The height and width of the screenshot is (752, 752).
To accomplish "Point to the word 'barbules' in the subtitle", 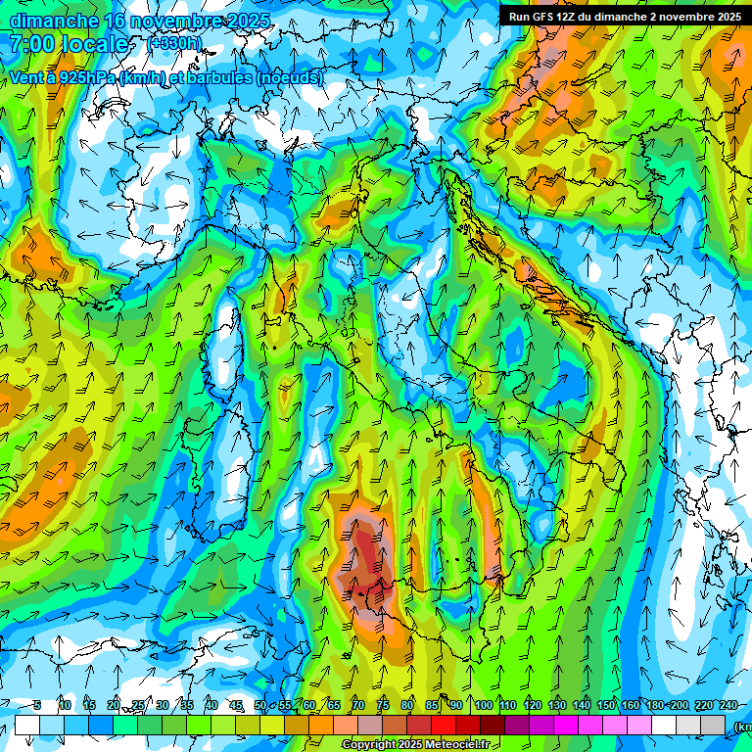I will tap(212, 77).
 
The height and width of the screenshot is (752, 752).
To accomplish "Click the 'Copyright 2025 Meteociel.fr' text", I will tap(415, 745).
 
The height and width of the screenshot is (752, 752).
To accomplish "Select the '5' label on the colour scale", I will tap(36, 705).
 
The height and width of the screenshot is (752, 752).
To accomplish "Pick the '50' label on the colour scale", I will tap(260, 705).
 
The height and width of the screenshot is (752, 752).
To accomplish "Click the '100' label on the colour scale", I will tap(483, 705).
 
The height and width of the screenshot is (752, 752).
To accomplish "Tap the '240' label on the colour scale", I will tap(728, 705).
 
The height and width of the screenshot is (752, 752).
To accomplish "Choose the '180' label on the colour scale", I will tap(654, 705).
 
